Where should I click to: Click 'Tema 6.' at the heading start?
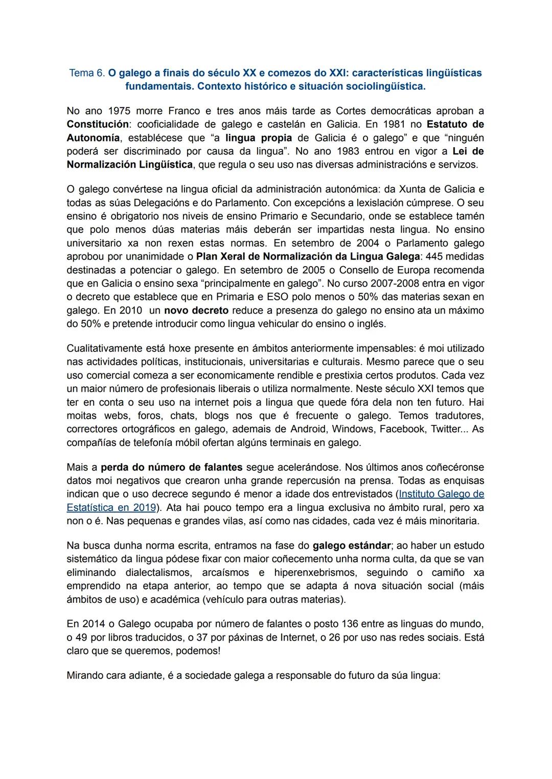click(87, 73)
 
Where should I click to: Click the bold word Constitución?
click(97, 124)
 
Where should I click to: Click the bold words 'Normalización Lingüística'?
click(130, 164)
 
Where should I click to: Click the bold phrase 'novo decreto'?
click(197, 310)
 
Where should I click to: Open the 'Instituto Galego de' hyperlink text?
click(441, 494)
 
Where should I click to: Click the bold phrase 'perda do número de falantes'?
click(172, 467)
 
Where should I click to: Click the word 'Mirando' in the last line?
click(85, 675)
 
